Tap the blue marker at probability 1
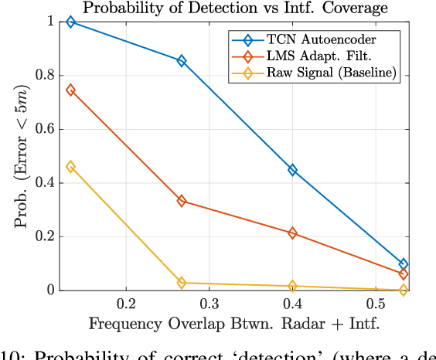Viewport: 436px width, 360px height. [71, 22]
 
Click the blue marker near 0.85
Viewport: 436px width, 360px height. [182, 61]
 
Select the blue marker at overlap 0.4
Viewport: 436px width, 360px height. [292, 170]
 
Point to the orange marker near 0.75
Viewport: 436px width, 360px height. [71, 90]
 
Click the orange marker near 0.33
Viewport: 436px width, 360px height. [182, 201]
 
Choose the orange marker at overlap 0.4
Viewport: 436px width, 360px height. [292, 233]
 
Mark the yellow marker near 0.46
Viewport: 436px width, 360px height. [71, 167]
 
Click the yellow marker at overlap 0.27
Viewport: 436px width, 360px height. [182, 284]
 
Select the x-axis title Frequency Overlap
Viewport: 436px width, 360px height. [234, 323]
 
